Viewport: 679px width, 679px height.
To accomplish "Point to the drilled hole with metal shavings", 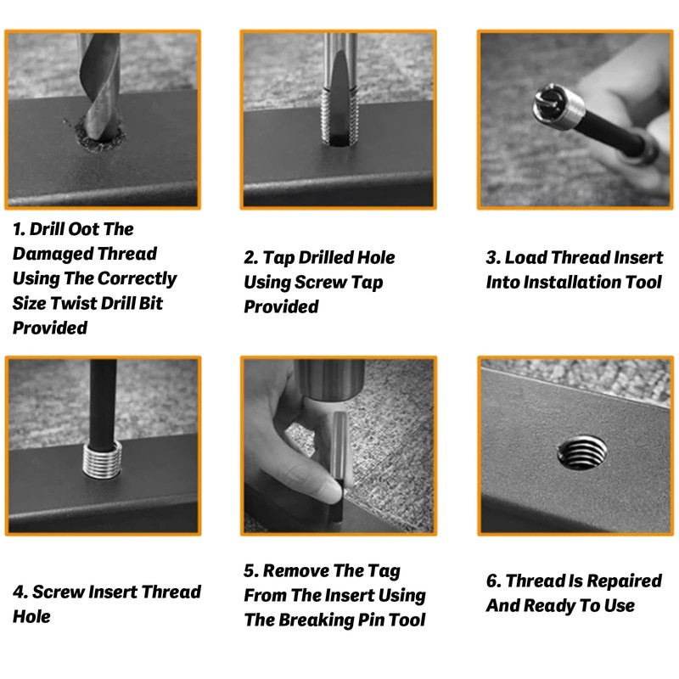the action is tap(100, 137).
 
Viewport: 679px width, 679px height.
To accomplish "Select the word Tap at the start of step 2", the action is tap(278, 258).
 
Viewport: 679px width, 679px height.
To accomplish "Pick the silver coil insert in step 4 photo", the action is tap(103, 459).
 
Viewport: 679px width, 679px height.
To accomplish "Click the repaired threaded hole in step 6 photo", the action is tap(581, 452).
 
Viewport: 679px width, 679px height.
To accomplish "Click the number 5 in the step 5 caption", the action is tap(250, 571).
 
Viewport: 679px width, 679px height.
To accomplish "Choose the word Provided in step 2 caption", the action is tap(281, 307).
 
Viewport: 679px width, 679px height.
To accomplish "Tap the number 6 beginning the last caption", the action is tap(492, 581).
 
